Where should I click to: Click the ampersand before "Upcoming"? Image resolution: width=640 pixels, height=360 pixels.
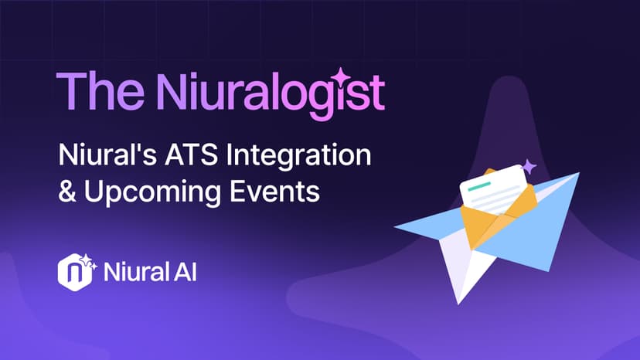pyautogui.click(x=67, y=191)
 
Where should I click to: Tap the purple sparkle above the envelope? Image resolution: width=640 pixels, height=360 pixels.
pyautogui.click(x=529, y=165)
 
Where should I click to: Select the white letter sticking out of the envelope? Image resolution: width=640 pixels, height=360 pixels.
pyautogui.click(x=495, y=195)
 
